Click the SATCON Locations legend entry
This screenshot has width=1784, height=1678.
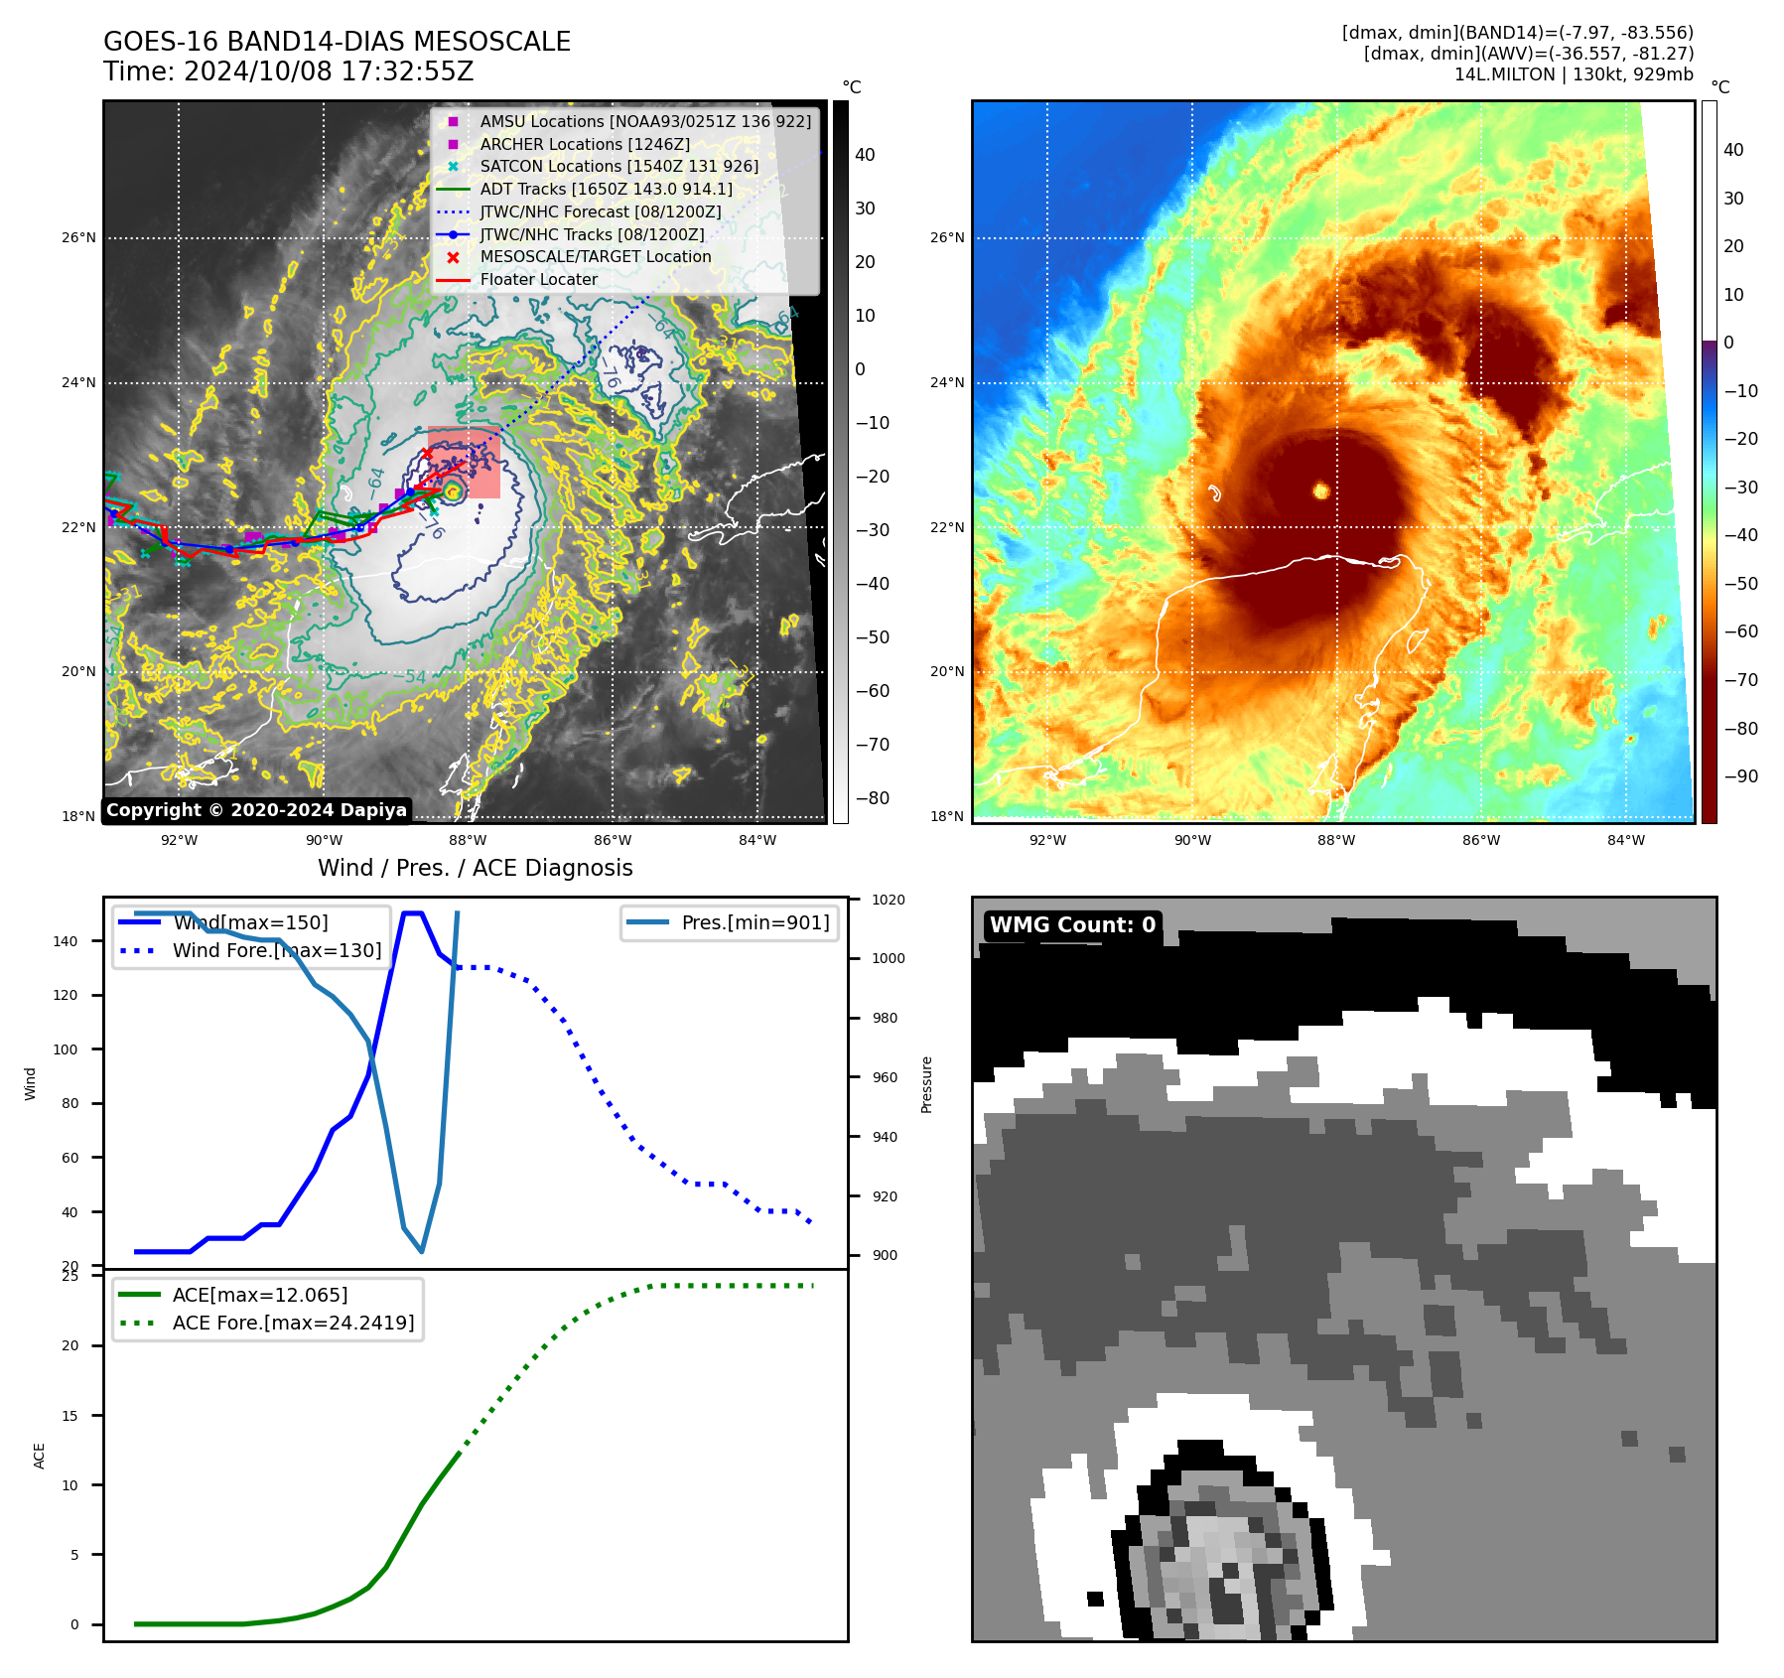(x=618, y=167)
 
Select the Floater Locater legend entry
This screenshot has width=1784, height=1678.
(x=538, y=280)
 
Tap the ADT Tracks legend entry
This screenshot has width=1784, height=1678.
(x=606, y=190)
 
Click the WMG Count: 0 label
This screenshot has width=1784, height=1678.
(x=1072, y=925)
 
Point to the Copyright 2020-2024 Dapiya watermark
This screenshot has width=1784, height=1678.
(x=256, y=810)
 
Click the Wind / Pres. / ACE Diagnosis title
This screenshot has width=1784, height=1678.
(x=475, y=868)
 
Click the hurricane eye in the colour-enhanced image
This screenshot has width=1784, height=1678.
(x=1320, y=490)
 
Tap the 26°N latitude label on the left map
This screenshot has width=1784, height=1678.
(x=79, y=238)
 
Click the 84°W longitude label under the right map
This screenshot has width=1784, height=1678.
(x=1625, y=840)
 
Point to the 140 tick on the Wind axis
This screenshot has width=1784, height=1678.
(x=66, y=941)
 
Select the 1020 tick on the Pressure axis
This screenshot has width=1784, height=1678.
(x=889, y=901)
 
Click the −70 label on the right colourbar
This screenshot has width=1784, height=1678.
(x=1740, y=680)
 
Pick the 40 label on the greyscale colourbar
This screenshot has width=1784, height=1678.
(x=865, y=155)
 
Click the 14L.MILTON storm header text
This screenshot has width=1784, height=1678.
(x=1574, y=74)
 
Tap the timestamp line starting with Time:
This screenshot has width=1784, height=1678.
(x=288, y=72)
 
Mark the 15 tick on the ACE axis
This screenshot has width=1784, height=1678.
(x=70, y=1416)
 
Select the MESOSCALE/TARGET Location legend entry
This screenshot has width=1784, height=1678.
(x=595, y=257)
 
